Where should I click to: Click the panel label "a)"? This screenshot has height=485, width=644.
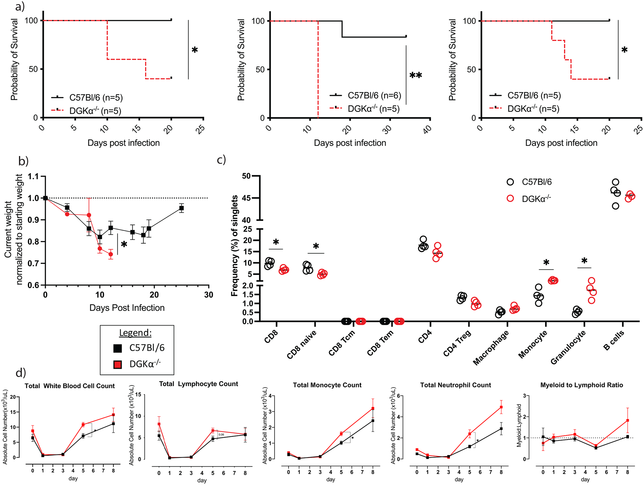[x=20, y=6]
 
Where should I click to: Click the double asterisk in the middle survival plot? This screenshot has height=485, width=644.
[x=415, y=75]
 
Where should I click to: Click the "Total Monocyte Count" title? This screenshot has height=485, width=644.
[x=327, y=385]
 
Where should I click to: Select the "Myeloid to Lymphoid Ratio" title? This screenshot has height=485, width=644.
[x=581, y=385]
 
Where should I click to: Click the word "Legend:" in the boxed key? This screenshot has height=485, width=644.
[x=135, y=333]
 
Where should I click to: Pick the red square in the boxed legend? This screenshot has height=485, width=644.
[x=118, y=365]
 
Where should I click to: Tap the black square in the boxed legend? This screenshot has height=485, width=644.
[x=118, y=348]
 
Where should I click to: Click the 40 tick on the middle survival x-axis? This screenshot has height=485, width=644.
[x=427, y=129]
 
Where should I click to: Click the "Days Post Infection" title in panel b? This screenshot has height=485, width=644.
[x=127, y=308]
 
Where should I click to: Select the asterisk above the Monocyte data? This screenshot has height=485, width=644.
[x=546, y=262]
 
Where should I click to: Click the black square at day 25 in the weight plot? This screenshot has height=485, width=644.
[x=182, y=208]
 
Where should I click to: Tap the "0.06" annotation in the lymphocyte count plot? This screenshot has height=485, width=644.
[x=221, y=435]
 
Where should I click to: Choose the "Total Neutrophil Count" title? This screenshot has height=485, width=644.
[x=456, y=385]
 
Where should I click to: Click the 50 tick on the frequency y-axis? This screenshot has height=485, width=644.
[x=246, y=176]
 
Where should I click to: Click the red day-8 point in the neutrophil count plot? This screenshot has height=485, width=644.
[x=501, y=407]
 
